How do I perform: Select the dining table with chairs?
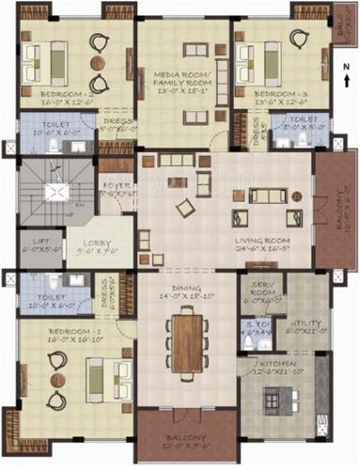tap(187, 338)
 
